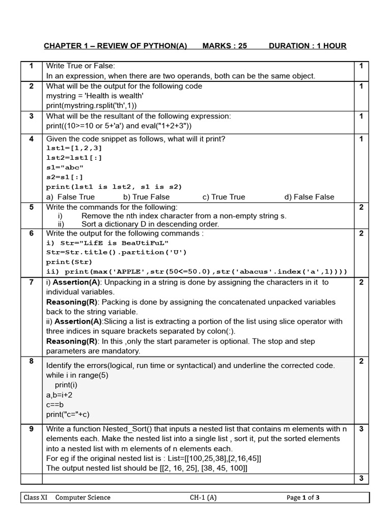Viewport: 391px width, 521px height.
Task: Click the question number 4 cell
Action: coord(31,139)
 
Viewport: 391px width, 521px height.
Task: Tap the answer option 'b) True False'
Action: coord(146,197)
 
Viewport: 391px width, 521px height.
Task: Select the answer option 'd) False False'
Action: coord(309,197)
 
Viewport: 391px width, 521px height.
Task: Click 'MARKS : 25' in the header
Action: coord(225,46)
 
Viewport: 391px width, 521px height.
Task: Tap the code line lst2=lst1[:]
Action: coord(74,158)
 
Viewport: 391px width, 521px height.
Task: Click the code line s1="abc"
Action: coord(65,167)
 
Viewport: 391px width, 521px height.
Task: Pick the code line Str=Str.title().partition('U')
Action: coord(117,252)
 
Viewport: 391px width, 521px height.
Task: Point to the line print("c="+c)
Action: coord(71,414)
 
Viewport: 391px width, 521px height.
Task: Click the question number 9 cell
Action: coord(31,429)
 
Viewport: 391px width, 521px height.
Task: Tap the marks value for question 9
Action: coord(361,429)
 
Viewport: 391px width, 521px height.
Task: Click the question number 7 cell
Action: coord(31,282)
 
